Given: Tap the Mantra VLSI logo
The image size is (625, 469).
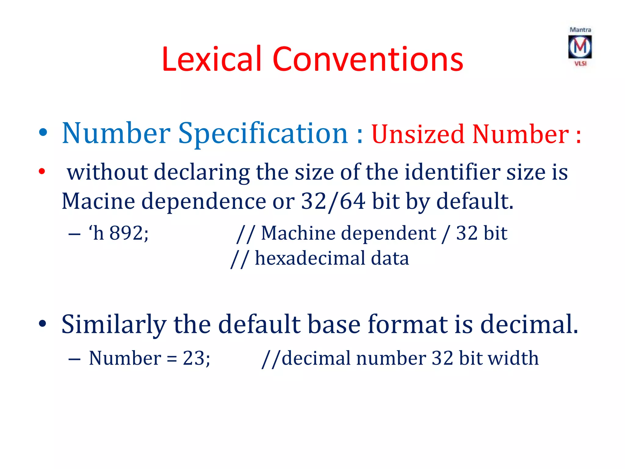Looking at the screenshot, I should coord(580,47).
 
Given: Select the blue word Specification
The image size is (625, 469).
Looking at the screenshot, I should coord(263,134).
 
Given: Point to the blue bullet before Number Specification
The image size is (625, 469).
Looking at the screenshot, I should coord(43,133).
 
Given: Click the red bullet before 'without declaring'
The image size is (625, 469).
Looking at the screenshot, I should coord(42,171).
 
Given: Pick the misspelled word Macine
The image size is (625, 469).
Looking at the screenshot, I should coord(98,201).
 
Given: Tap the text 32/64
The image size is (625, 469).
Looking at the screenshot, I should coord(333,201).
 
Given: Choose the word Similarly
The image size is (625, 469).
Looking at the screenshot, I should coord(114,324).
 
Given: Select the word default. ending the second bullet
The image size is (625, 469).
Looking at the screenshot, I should coord(475,201).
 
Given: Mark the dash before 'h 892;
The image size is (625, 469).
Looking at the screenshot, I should coord(74,234).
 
